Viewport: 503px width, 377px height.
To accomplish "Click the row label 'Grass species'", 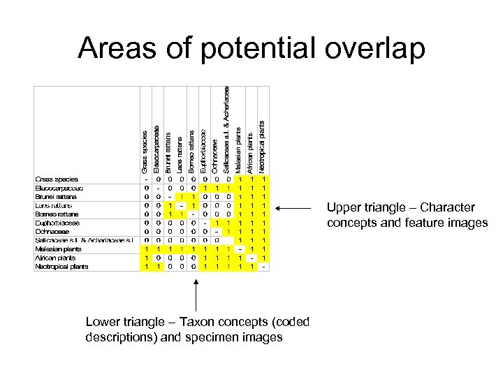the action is click(x=57, y=179).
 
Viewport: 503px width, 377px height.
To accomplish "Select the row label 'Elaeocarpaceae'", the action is click(x=59, y=188).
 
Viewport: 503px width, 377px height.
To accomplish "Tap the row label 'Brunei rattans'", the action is click(x=57, y=196).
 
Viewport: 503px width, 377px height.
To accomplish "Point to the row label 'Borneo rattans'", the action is click(x=57, y=214).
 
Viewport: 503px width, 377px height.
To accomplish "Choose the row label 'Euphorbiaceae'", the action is click(x=58, y=223).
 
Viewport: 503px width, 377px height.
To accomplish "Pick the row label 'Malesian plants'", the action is click(x=59, y=249).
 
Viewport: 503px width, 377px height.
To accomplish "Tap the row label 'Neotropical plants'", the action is click(x=61, y=266).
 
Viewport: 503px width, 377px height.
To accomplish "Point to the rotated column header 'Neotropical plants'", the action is click(x=262, y=146).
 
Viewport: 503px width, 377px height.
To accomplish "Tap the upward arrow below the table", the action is click(x=197, y=293).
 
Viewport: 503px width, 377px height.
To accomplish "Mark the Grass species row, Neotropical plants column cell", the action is click(x=263, y=179).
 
